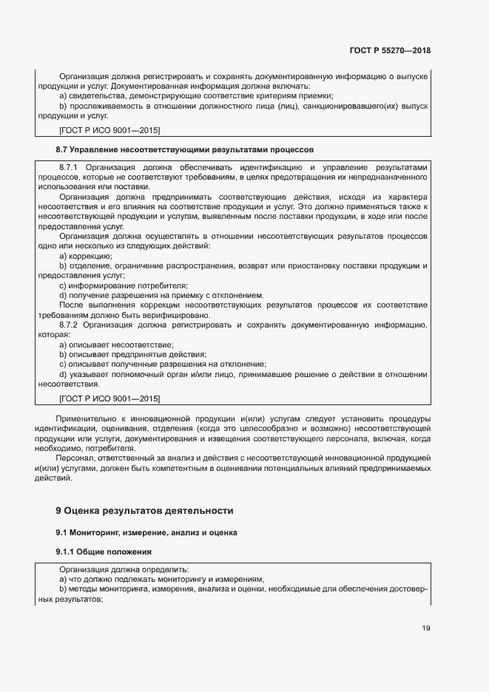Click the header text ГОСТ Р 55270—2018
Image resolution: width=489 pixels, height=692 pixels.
point(390,51)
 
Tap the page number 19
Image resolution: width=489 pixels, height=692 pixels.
point(425,628)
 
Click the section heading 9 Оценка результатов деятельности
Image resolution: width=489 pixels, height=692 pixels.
point(144,510)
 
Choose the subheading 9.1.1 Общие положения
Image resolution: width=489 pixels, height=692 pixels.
point(104,552)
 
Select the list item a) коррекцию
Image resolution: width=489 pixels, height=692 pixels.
point(85,256)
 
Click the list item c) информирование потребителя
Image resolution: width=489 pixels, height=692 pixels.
point(123,285)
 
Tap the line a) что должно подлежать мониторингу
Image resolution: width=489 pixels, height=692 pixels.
point(161,579)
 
